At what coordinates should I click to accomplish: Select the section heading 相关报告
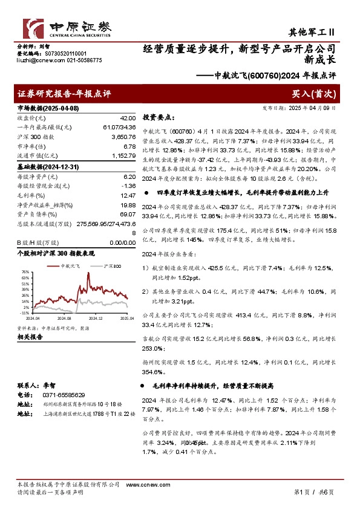[29, 337]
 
